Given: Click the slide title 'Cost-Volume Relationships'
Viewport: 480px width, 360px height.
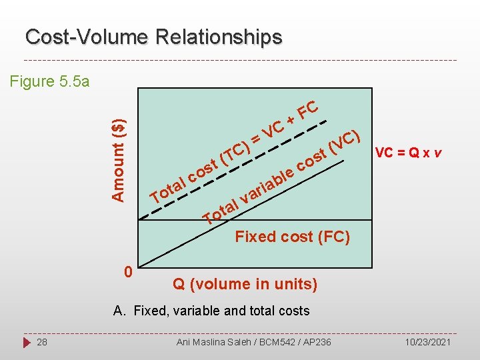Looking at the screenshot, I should tap(153, 37).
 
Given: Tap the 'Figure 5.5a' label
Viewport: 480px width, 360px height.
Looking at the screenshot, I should tap(50, 81).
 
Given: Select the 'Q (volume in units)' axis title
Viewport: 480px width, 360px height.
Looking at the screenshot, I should tap(245, 284).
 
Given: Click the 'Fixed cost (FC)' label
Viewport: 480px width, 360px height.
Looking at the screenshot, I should tap(292, 237).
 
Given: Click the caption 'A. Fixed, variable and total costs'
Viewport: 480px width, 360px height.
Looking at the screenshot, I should tap(211, 310).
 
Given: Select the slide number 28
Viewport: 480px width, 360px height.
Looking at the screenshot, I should tap(42, 342).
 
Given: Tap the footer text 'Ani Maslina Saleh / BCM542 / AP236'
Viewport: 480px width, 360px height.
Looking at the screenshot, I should tap(253, 342).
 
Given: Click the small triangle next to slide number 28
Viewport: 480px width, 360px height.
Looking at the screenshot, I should tap(25, 342).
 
